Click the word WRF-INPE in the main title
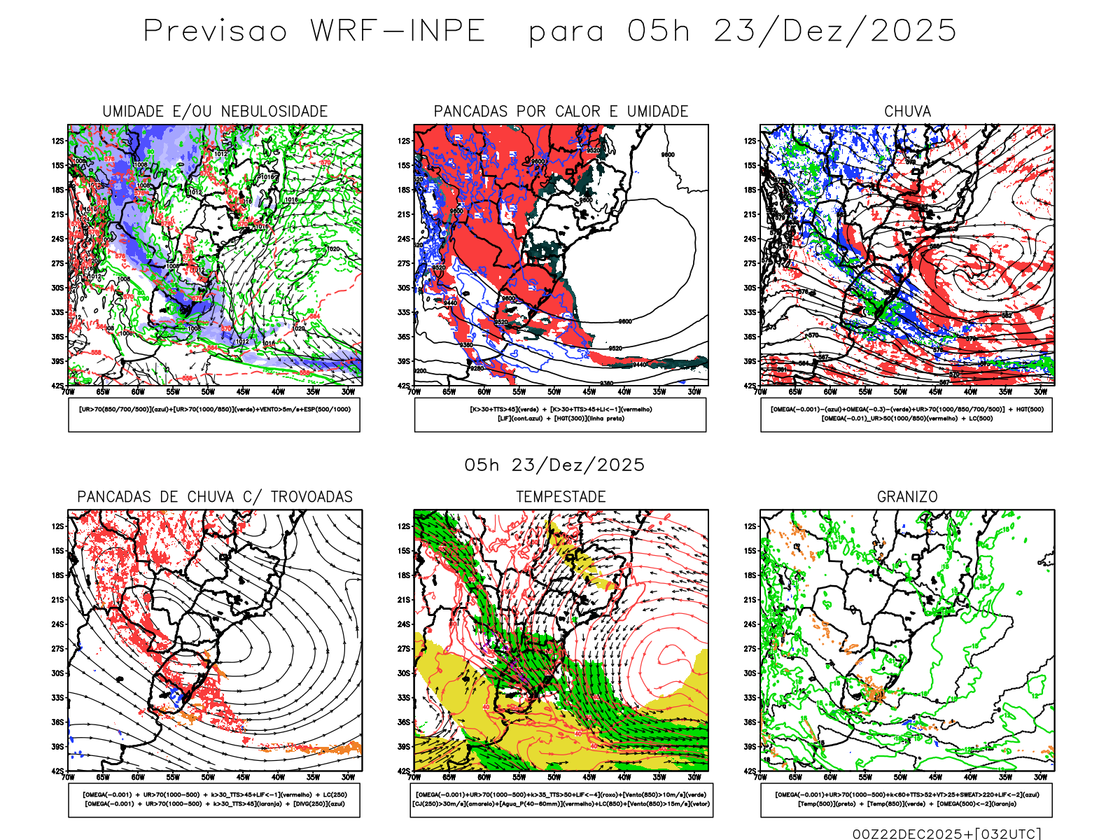pos(398,31)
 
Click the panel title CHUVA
pos(907,111)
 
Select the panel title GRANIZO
pos(907,497)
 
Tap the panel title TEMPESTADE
pos(561,497)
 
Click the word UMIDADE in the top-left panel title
pos(133,111)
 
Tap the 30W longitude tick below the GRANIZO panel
pos(1041,777)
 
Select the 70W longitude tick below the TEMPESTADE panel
pos(414,777)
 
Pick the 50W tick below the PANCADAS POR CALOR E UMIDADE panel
pos(554,392)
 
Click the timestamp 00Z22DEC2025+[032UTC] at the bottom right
pos(946,834)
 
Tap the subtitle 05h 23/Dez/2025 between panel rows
pos(554,465)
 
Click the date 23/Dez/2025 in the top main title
pos(834,31)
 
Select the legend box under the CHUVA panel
pos(906,414)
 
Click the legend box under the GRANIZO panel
pos(906,799)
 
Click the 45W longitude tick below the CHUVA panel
pos(935,392)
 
